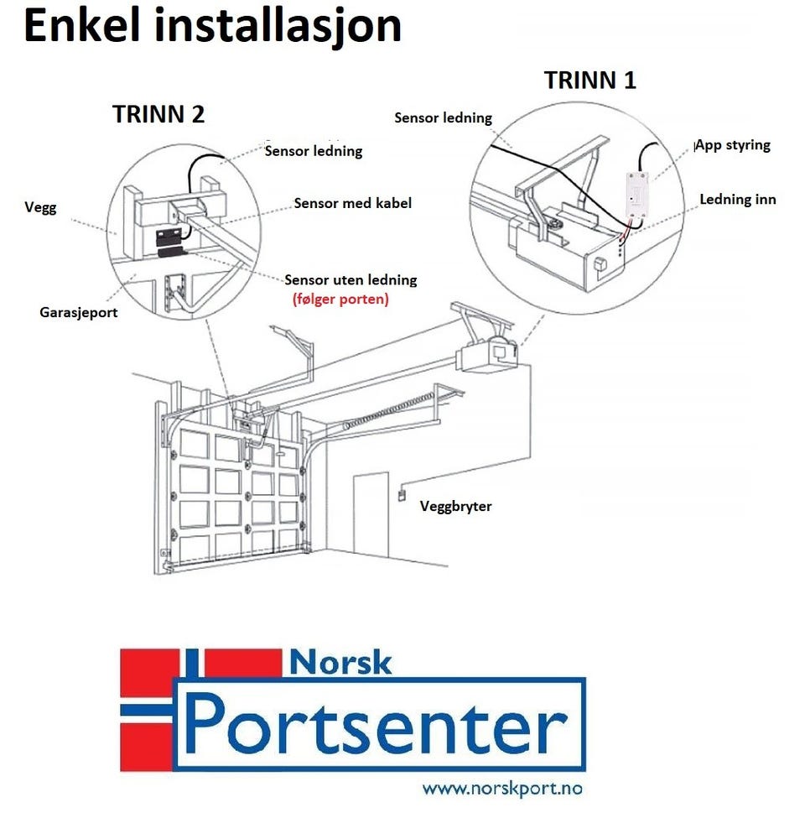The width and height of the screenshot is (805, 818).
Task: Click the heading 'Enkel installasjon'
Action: pyautogui.click(x=213, y=26)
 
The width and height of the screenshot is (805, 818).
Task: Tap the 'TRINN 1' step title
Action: pyautogui.click(x=590, y=81)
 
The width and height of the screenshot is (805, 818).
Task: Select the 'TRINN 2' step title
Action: pyautogui.click(x=158, y=114)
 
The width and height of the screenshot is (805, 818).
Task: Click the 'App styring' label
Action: pyautogui.click(x=733, y=145)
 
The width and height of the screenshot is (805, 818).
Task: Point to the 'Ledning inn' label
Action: pyautogui.click(x=738, y=200)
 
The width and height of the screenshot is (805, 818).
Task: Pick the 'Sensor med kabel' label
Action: pyautogui.click(x=353, y=203)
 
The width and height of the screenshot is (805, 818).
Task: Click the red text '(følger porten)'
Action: pyautogui.click(x=340, y=299)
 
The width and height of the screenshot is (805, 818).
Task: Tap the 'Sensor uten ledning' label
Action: pyautogui.click(x=351, y=280)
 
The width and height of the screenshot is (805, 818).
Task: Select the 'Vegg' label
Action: pyautogui.click(x=40, y=207)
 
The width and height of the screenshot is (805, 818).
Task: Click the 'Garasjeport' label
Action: pyautogui.click(x=79, y=312)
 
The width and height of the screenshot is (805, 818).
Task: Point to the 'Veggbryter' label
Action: pyautogui.click(x=455, y=506)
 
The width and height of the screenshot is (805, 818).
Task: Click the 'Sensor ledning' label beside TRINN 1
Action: pyautogui.click(x=443, y=118)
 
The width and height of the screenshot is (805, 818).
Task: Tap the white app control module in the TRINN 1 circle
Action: pyautogui.click(x=636, y=193)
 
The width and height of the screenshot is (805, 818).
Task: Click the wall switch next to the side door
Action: pyautogui.click(x=402, y=494)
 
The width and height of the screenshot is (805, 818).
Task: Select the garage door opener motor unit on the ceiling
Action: pyautogui.click(x=488, y=356)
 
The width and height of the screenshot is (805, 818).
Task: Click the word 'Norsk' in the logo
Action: pyautogui.click(x=340, y=663)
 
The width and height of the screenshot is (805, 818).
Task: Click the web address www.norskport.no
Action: pyautogui.click(x=502, y=789)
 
